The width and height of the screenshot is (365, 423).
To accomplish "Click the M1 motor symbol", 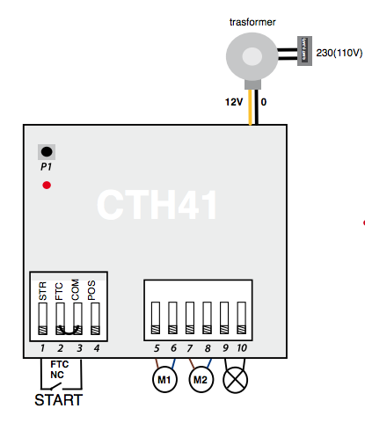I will click(x=164, y=381).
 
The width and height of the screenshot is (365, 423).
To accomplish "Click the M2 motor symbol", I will click(x=200, y=381).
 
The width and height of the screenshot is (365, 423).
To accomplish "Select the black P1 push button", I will click(x=46, y=151).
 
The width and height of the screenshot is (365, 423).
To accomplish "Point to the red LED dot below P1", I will click(x=46, y=185).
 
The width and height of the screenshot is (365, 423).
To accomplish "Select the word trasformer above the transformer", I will click(x=250, y=21).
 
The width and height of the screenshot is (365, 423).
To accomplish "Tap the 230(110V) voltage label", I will click(x=339, y=54).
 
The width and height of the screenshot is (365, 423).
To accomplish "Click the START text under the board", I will click(x=58, y=401).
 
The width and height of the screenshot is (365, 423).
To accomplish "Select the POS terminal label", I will click(x=93, y=289).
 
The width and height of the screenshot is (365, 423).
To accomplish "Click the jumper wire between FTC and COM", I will click(x=68, y=332).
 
